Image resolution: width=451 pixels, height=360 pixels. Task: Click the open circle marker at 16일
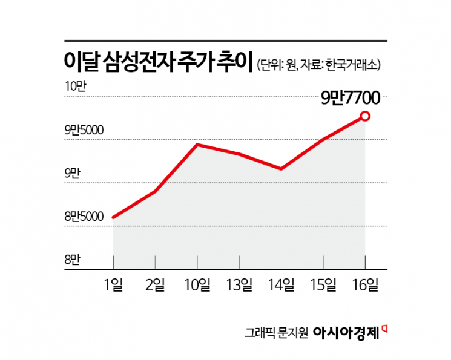point(365,116)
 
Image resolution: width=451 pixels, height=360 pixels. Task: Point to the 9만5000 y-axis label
point(84,130)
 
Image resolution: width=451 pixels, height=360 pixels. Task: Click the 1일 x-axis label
point(114,285)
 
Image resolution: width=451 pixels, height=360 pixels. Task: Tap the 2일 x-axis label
point(156,285)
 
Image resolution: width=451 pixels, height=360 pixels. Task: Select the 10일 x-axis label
point(197,285)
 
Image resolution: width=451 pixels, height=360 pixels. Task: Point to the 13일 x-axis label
point(239,285)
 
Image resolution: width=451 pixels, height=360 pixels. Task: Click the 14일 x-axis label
point(281,285)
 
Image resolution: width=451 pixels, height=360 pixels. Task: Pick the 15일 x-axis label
point(323,285)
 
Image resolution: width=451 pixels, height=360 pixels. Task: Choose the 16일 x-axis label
point(365,285)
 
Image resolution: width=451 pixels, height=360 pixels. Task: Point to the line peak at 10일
point(197,145)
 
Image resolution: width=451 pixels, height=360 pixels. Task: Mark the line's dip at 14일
point(281,169)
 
